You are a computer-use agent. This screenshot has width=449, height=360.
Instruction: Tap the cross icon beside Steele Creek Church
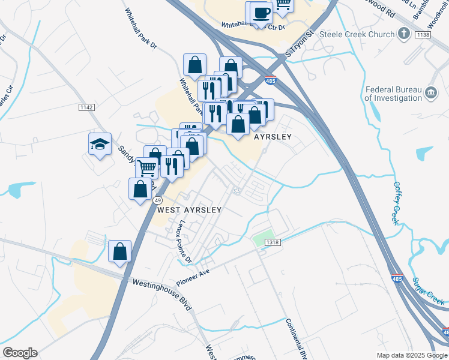pyautogui.click(x=405, y=34)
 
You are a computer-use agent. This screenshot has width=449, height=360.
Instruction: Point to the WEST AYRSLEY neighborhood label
pyautogui.click(x=190, y=211)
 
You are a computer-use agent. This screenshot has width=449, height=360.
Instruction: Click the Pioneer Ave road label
pyautogui.click(x=195, y=277)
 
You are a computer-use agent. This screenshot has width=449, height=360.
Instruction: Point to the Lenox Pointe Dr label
pyautogui.click(x=183, y=241)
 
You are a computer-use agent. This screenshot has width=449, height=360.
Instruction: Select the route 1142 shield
pyautogui.click(x=86, y=107)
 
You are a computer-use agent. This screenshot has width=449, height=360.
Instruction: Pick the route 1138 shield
pyautogui.click(x=423, y=35)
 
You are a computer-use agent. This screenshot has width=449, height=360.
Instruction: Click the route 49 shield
pyautogui.click(x=157, y=200)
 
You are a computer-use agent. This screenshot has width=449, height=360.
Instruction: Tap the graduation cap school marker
pyautogui.click(x=100, y=144)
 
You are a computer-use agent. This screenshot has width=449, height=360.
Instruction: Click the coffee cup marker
pyautogui.click(x=261, y=13)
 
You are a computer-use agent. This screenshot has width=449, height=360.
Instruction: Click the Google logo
pyautogui.click(x=20, y=353)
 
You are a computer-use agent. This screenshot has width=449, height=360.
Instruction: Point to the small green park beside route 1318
pyautogui.click(x=262, y=238)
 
